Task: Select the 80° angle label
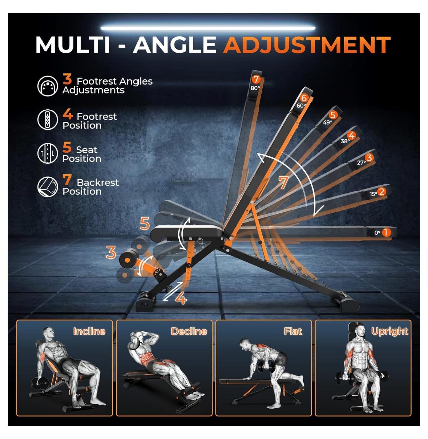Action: tap(255, 88)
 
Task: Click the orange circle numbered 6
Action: tap(304, 98)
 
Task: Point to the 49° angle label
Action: tap(327, 122)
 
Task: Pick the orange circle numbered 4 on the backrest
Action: tap(351, 135)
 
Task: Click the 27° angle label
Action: tap(361, 163)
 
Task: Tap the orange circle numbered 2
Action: tap(381, 191)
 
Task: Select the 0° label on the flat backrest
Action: tap(377, 233)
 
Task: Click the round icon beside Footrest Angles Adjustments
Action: tap(48, 86)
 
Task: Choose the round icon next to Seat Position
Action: tap(48, 153)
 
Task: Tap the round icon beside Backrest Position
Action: tap(48, 187)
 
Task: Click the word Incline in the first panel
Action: tap(89, 331)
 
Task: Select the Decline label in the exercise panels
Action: tap(189, 331)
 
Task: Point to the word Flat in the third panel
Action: tap(293, 331)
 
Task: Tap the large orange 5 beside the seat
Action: tap(145, 224)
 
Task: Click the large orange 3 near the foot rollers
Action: tap(111, 252)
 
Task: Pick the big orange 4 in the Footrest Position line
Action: tap(68, 114)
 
